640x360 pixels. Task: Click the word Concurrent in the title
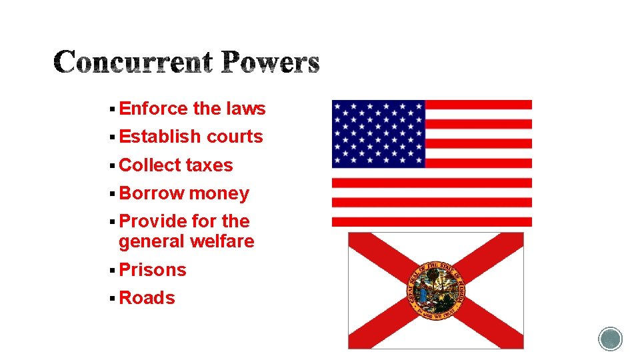click(x=133, y=63)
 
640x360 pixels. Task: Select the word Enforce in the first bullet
click(x=153, y=109)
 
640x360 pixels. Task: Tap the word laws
click(x=245, y=109)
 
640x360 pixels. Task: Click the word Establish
click(x=160, y=137)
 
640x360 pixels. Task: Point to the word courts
click(x=235, y=137)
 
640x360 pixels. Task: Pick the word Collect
click(x=150, y=165)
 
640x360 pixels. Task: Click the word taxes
click(x=209, y=165)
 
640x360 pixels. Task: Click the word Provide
click(x=153, y=221)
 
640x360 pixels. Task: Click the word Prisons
click(x=153, y=270)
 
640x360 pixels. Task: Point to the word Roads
click(x=147, y=298)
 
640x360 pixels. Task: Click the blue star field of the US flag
click(x=378, y=134)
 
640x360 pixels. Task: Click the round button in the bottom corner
click(x=610, y=339)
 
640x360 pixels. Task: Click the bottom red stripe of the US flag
click(x=432, y=221)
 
